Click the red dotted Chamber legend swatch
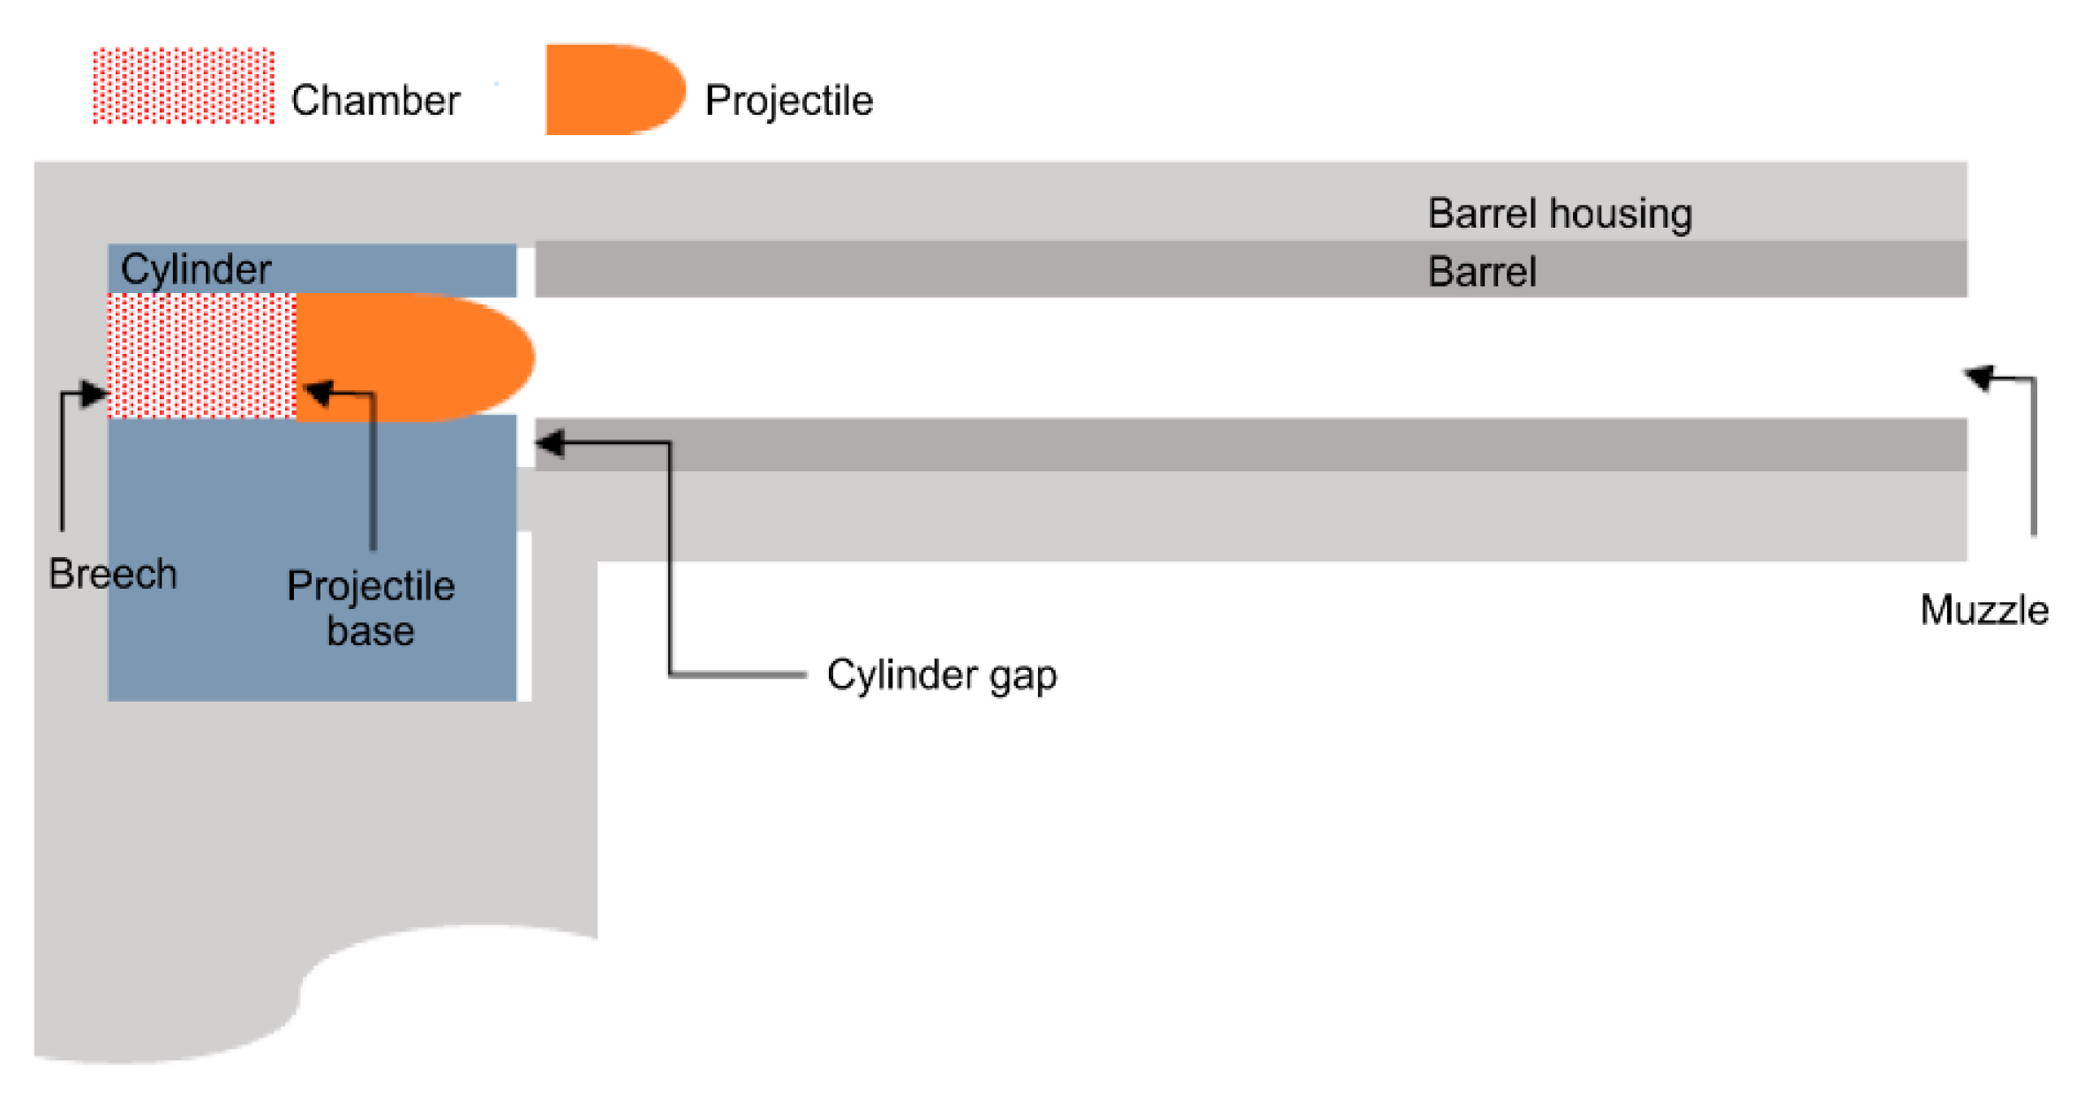coord(184,86)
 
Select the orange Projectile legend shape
coord(613,89)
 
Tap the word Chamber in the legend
coord(375,101)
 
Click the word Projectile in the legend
coord(788,101)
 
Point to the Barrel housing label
coord(1560,214)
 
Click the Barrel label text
coord(1482,272)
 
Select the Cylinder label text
coord(196,269)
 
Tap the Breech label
coord(113,574)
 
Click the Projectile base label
coord(371,608)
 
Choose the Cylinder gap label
coord(941,675)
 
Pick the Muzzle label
coord(1983,610)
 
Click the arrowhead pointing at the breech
coord(94,394)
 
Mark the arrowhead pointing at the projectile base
coord(318,391)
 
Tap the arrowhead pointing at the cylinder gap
coord(550,443)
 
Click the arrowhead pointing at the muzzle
coord(1979,377)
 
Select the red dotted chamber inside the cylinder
coord(201,355)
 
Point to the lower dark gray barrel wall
coord(1236,445)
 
